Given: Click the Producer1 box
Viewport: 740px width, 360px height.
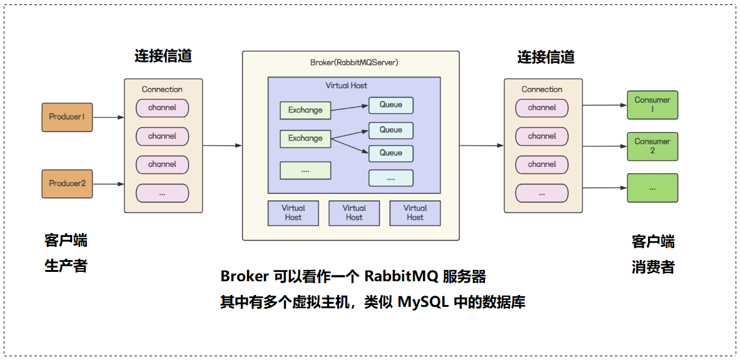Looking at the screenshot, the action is (x=67, y=117).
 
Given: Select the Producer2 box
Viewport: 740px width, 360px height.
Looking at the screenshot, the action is (x=67, y=184).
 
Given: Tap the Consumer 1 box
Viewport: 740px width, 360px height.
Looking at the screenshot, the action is (x=652, y=105).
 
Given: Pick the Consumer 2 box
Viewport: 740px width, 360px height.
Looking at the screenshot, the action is (x=652, y=146).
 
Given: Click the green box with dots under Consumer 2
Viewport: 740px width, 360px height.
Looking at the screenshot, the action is (x=652, y=187).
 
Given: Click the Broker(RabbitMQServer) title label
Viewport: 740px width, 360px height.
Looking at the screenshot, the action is (x=350, y=62).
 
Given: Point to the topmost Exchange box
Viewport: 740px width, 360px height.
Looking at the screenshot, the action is (x=305, y=110).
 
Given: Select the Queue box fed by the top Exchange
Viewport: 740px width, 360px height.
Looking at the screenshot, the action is (x=391, y=105).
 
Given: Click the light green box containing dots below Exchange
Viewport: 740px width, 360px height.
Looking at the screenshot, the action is (x=305, y=171).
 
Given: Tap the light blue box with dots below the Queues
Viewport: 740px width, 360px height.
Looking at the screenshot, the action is (x=391, y=178).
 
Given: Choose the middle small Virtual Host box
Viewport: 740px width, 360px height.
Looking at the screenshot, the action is (x=354, y=212).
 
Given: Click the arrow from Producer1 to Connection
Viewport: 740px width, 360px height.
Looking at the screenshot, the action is (x=109, y=117).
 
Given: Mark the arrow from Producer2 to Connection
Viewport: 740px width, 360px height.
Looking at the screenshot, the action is (x=109, y=184).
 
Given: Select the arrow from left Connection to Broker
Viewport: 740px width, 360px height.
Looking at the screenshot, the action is (x=222, y=146).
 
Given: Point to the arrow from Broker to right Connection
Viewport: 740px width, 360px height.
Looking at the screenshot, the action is (x=482, y=146).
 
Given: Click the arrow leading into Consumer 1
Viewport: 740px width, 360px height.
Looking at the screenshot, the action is (x=605, y=105).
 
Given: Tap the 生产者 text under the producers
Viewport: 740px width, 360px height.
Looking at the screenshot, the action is (x=66, y=266).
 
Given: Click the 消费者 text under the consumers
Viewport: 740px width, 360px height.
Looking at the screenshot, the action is (x=652, y=267).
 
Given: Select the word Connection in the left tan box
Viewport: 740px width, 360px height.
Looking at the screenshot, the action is (x=162, y=89).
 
